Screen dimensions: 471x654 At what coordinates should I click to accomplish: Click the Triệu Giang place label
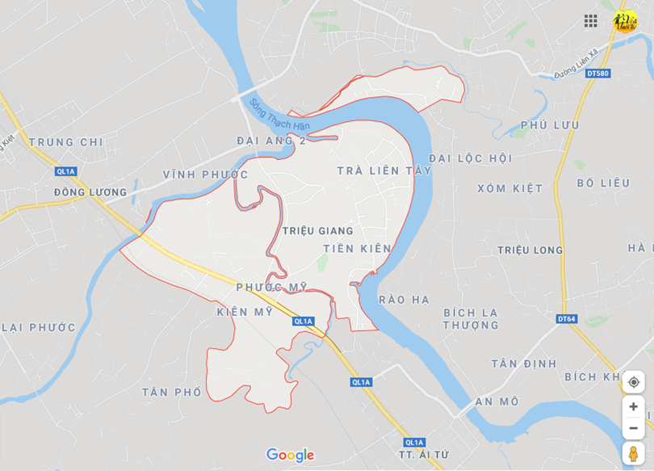[318, 231]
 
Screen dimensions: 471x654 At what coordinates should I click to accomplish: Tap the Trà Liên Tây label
[384, 170]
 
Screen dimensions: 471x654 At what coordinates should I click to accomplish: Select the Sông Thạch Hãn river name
[279, 116]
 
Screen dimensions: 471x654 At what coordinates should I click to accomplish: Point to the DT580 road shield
[597, 74]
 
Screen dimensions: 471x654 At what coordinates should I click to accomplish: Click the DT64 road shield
[567, 319]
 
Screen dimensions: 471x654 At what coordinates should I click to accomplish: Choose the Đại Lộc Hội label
[471, 158]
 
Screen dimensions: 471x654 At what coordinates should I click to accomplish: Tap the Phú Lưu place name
[550, 125]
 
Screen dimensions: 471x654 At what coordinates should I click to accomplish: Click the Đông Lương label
[90, 192]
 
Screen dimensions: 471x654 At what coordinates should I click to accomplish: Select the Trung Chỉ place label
[66, 142]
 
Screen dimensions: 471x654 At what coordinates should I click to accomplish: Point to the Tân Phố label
[172, 392]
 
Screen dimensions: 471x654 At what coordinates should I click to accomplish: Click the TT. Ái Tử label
[424, 455]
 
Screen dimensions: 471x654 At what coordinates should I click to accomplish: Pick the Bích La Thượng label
[471, 318]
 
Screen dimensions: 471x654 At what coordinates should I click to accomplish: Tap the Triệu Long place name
[530, 250]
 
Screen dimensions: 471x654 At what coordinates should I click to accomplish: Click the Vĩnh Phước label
[205, 175]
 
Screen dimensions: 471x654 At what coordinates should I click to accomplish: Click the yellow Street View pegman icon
[633, 454]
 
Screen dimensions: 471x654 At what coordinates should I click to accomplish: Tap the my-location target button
[633, 382]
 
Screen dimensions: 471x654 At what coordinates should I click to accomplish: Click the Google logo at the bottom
[290, 456]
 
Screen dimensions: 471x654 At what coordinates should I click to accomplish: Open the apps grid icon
[591, 21]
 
